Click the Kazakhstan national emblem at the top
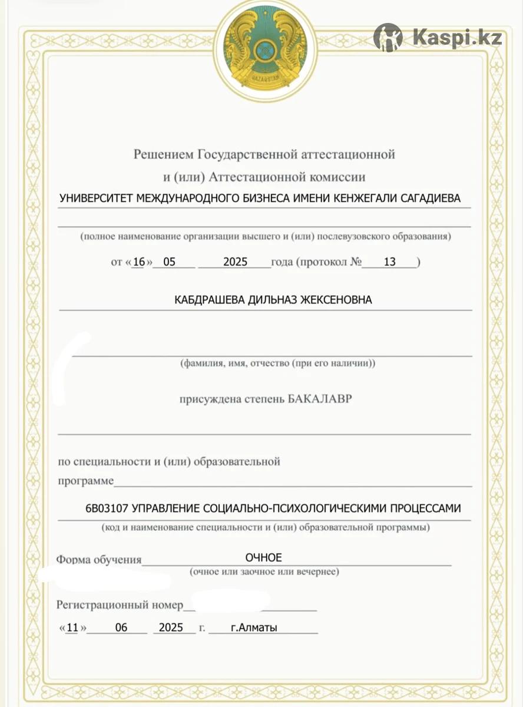(264, 50)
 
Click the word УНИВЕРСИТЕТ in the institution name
(97, 199)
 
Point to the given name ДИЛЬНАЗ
(272, 300)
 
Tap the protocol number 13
(389, 262)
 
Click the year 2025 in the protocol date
(236, 262)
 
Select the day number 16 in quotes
(138, 262)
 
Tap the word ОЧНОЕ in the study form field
(264, 557)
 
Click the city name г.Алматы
(254, 627)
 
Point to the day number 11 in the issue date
(72, 627)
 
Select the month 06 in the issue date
(121, 627)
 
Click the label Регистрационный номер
(120, 605)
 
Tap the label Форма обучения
(99, 559)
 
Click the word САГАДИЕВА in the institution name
(431, 199)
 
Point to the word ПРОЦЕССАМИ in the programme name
(423, 508)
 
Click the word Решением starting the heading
(163, 155)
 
